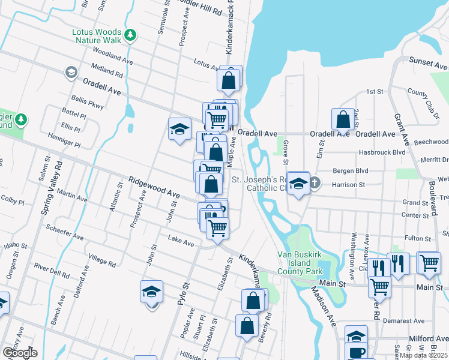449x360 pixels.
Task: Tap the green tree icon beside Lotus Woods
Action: click(x=130, y=36)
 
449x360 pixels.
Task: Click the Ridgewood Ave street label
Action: click(x=154, y=187)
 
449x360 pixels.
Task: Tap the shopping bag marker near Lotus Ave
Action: click(x=229, y=80)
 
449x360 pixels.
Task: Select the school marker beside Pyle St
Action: click(x=152, y=292)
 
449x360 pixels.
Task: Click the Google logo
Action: click(x=20, y=352)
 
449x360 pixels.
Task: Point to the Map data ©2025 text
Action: click(x=423, y=355)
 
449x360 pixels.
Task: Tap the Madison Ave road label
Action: click(x=323, y=298)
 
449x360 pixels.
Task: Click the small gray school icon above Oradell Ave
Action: click(x=71, y=73)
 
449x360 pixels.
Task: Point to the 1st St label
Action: click(x=375, y=91)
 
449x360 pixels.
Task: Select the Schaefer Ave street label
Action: click(x=65, y=229)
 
